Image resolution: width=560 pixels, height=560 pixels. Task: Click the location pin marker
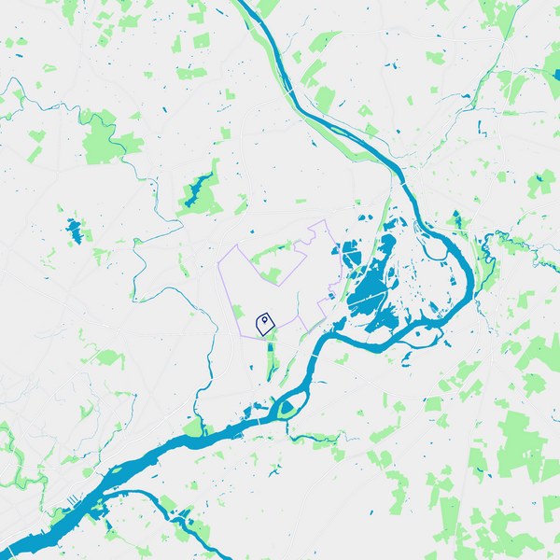tap(265, 321)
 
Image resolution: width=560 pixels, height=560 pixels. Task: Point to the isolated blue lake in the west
tap(74, 227)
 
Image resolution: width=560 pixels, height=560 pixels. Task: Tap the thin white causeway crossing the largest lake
tap(371, 299)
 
